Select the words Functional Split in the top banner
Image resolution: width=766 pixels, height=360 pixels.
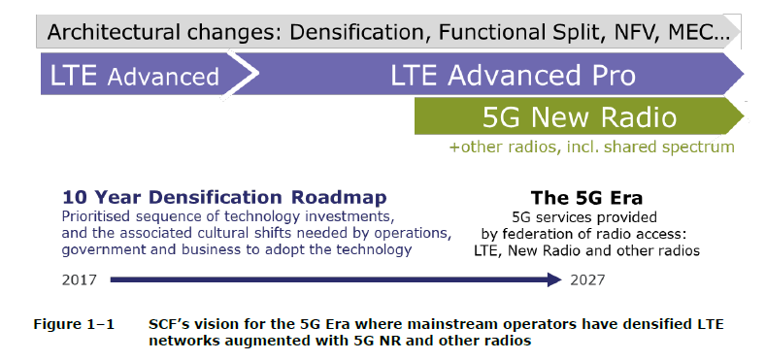point(515,32)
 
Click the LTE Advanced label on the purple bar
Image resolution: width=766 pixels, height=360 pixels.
point(130,76)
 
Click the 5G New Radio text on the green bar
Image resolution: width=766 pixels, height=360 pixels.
point(579,118)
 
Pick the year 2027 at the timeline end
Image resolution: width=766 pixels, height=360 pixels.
point(589,279)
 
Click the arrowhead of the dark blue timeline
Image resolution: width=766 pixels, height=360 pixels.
point(553,279)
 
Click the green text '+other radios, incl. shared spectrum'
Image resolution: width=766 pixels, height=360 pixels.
point(591,147)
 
